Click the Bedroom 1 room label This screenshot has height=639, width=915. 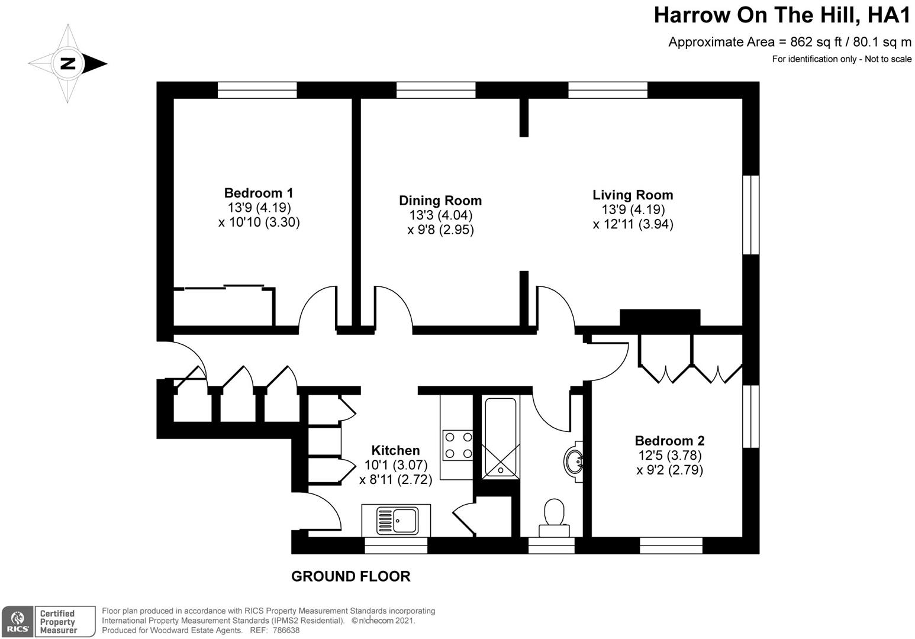tap(259, 193)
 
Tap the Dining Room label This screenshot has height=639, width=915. tap(440, 201)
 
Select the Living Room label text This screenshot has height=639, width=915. tap(633, 195)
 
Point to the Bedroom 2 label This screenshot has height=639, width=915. tap(669, 441)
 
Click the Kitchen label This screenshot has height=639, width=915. tap(395, 450)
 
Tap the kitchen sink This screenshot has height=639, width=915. tap(396, 521)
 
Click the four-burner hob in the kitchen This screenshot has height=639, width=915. tap(458, 445)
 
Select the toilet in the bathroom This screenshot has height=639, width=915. tap(554, 518)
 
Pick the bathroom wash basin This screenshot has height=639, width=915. tap(574, 461)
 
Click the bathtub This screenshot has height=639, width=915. tap(500, 437)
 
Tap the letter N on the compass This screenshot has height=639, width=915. tap(68, 64)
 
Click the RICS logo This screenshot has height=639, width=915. tap(17, 621)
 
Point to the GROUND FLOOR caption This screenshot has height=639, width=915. tap(350, 576)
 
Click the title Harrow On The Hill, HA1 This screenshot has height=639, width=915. tap(782, 15)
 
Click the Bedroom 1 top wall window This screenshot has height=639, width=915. tap(257, 90)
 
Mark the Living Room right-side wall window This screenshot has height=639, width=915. tap(751, 215)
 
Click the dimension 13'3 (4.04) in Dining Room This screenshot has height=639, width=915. tap(441, 215)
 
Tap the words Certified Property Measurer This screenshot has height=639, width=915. tap(57, 621)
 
